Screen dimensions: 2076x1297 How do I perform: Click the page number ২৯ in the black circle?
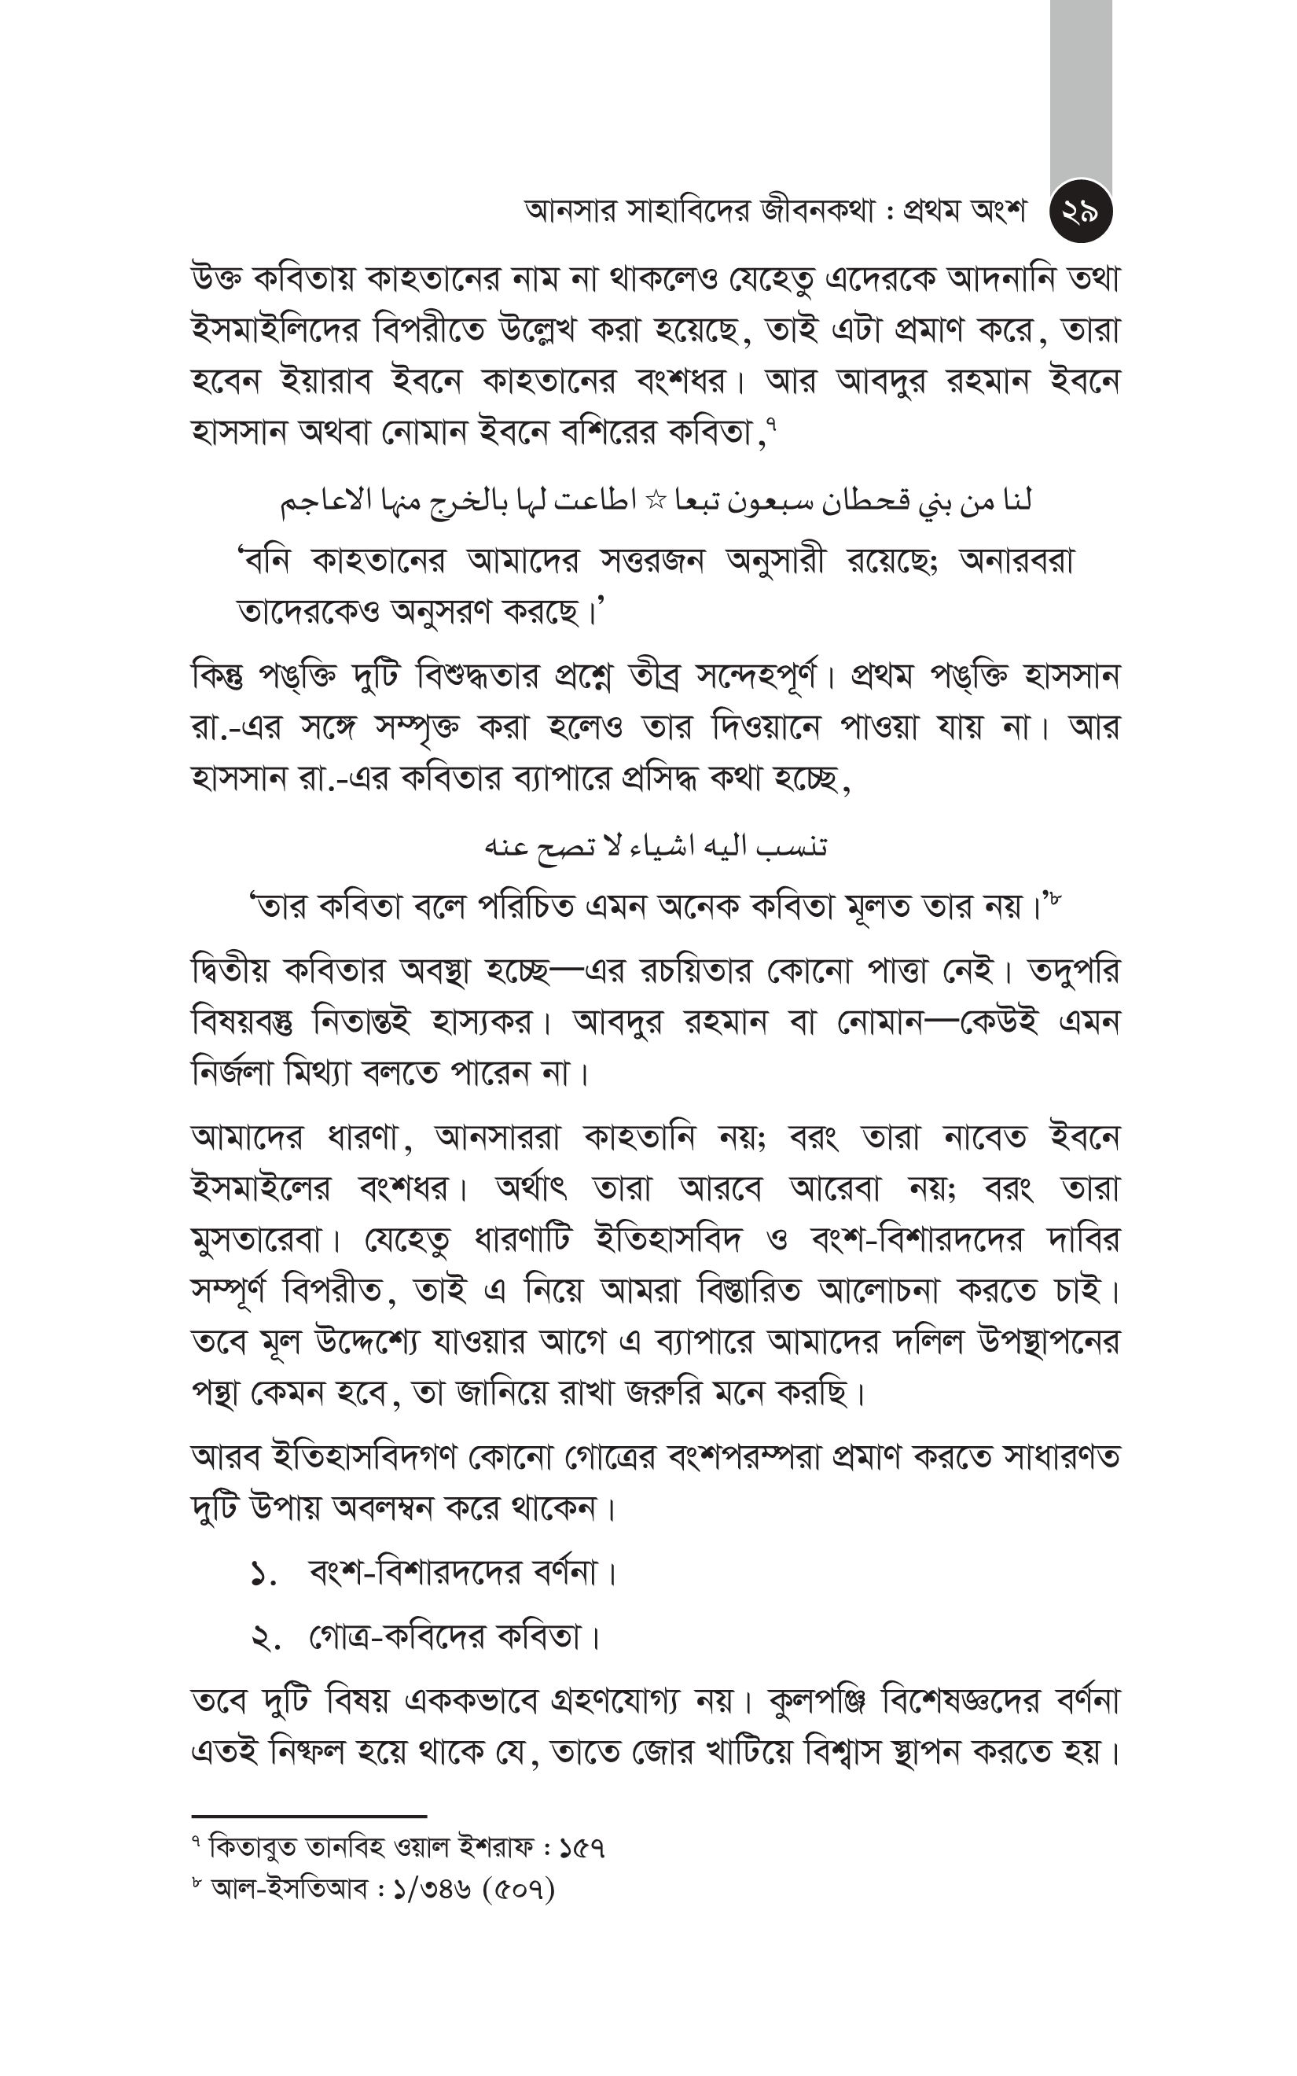(x=1080, y=212)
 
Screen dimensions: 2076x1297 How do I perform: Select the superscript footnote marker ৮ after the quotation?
(x=1054, y=897)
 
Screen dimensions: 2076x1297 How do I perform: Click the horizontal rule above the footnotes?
(x=309, y=1816)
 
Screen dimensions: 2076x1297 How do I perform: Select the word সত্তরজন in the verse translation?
(x=652, y=561)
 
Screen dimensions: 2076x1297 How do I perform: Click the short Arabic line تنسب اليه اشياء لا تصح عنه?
(x=656, y=847)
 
